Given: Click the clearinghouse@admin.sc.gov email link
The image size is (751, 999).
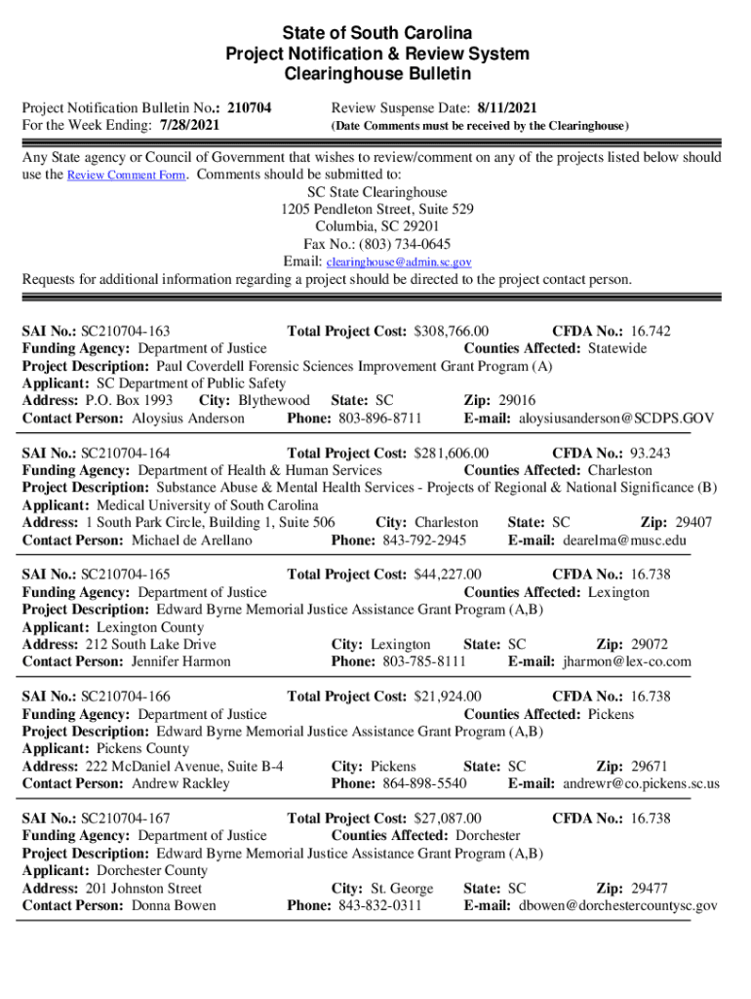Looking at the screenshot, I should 399,262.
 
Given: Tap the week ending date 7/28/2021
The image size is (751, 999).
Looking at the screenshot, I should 187,126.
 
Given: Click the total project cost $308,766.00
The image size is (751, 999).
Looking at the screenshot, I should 452,332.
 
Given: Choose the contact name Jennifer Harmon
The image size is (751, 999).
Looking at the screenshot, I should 181,661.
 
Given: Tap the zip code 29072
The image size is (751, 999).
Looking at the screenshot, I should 650,645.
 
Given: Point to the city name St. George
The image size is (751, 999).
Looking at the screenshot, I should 402,889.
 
